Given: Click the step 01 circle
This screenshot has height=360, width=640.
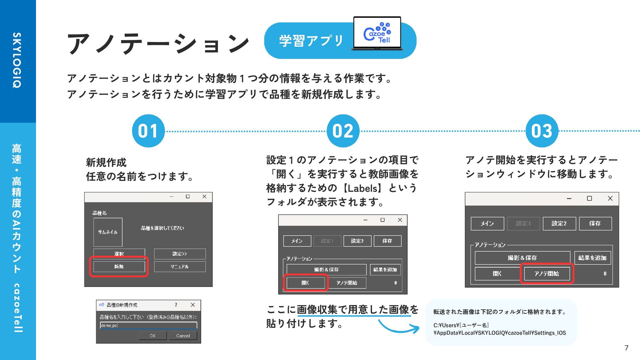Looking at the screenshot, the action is [x=148, y=131].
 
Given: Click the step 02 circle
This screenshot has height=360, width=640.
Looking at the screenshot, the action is [x=343, y=131].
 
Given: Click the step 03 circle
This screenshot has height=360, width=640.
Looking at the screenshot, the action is [x=542, y=131].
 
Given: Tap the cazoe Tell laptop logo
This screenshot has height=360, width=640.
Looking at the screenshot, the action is [x=377, y=34].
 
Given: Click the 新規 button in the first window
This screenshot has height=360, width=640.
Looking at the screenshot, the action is [x=119, y=267].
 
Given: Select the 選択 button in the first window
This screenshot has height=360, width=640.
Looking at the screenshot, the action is [x=119, y=254].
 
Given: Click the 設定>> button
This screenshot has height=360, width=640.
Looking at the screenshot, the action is [x=180, y=254].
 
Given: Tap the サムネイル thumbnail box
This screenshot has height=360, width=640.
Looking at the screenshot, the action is [x=108, y=232].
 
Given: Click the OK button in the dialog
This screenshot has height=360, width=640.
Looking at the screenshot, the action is [x=153, y=336].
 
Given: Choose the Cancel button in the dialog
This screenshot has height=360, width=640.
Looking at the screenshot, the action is [x=183, y=336].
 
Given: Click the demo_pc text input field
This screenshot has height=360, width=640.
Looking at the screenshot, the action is [x=148, y=325].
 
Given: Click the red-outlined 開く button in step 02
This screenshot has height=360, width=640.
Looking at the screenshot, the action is [x=305, y=283].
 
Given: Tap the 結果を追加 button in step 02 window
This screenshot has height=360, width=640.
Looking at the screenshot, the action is [x=385, y=270].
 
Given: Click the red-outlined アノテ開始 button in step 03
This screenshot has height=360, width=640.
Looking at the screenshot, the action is [x=547, y=274].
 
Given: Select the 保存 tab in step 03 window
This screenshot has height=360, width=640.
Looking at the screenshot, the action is [x=595, y=223].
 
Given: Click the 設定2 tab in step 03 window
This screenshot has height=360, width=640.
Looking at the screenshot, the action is [x=559, y=223].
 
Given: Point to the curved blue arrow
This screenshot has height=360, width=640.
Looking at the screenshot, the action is [x=399, y=327].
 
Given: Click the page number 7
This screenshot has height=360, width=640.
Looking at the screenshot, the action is [x=626, y=348].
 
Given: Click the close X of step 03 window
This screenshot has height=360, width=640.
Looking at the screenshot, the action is [x=610, y=198].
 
